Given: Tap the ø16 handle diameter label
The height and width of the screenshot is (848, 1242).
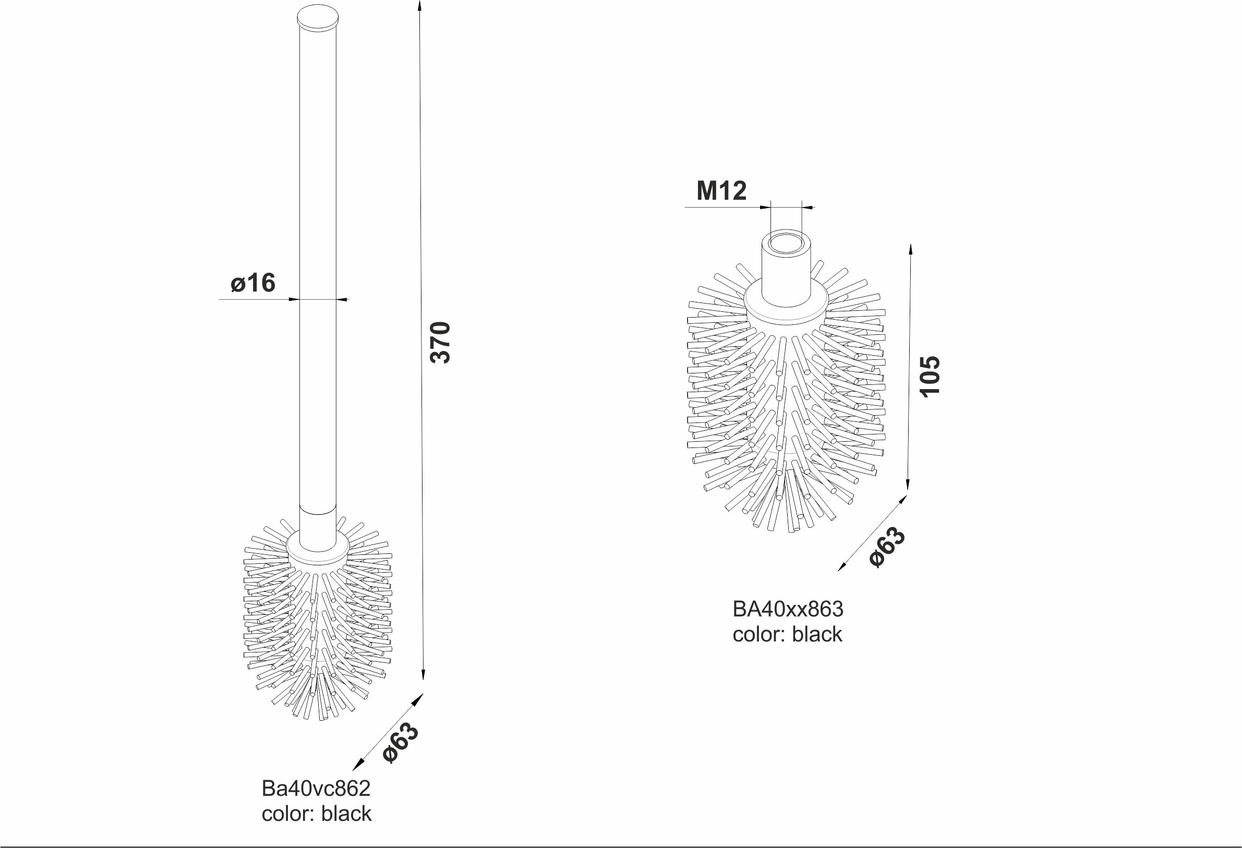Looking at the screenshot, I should coord(254,283).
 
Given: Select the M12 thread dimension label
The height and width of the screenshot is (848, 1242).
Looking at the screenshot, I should coord(721,191).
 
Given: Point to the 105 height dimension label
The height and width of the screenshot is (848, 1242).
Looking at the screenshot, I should coord(930,375).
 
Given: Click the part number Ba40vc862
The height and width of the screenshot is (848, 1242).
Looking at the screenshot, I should coord(316,788).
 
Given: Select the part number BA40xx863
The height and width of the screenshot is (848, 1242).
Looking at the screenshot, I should coord(788,609).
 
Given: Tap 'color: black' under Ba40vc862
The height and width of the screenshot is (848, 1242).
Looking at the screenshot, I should coord(317,813).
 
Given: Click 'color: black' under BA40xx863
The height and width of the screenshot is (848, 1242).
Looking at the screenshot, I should coord(787,634).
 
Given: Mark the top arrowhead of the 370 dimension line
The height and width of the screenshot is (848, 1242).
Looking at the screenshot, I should coord(419,5).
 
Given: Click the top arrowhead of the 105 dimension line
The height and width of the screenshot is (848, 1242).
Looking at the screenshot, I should coord(911,249).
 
